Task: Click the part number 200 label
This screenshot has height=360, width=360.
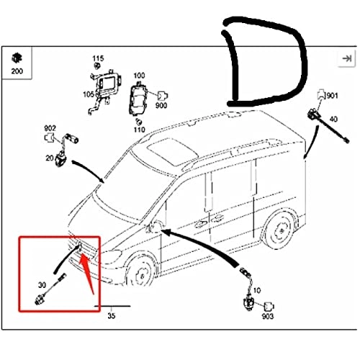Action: [x=17, y=71]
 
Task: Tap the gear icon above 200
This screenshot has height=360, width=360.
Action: [x=17, y=58]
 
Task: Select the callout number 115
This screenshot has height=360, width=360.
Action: [x=98, y=58]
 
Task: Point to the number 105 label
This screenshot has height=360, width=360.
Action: [x=89, y=94]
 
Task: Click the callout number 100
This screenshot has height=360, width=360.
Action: [x=139, y=76]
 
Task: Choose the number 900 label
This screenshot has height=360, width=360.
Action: [x=161, y=105]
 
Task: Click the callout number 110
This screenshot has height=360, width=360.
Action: [x=139, y=130]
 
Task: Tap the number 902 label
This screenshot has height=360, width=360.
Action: [x=50, y=128]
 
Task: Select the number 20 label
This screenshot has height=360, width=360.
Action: [x=50, y=158]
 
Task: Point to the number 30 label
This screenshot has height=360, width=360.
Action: [x=42, y=285]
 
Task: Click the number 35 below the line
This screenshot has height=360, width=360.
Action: [x=112, y=316]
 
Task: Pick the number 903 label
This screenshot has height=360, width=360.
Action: [x=268, y=316]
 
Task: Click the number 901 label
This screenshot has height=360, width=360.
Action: [x=333, y=96]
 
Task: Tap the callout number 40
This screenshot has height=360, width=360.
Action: [x=333, y=119]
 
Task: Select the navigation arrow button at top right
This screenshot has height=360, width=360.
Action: [x=346, y=58]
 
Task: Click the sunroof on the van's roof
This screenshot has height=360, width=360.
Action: [x=174, y=152]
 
